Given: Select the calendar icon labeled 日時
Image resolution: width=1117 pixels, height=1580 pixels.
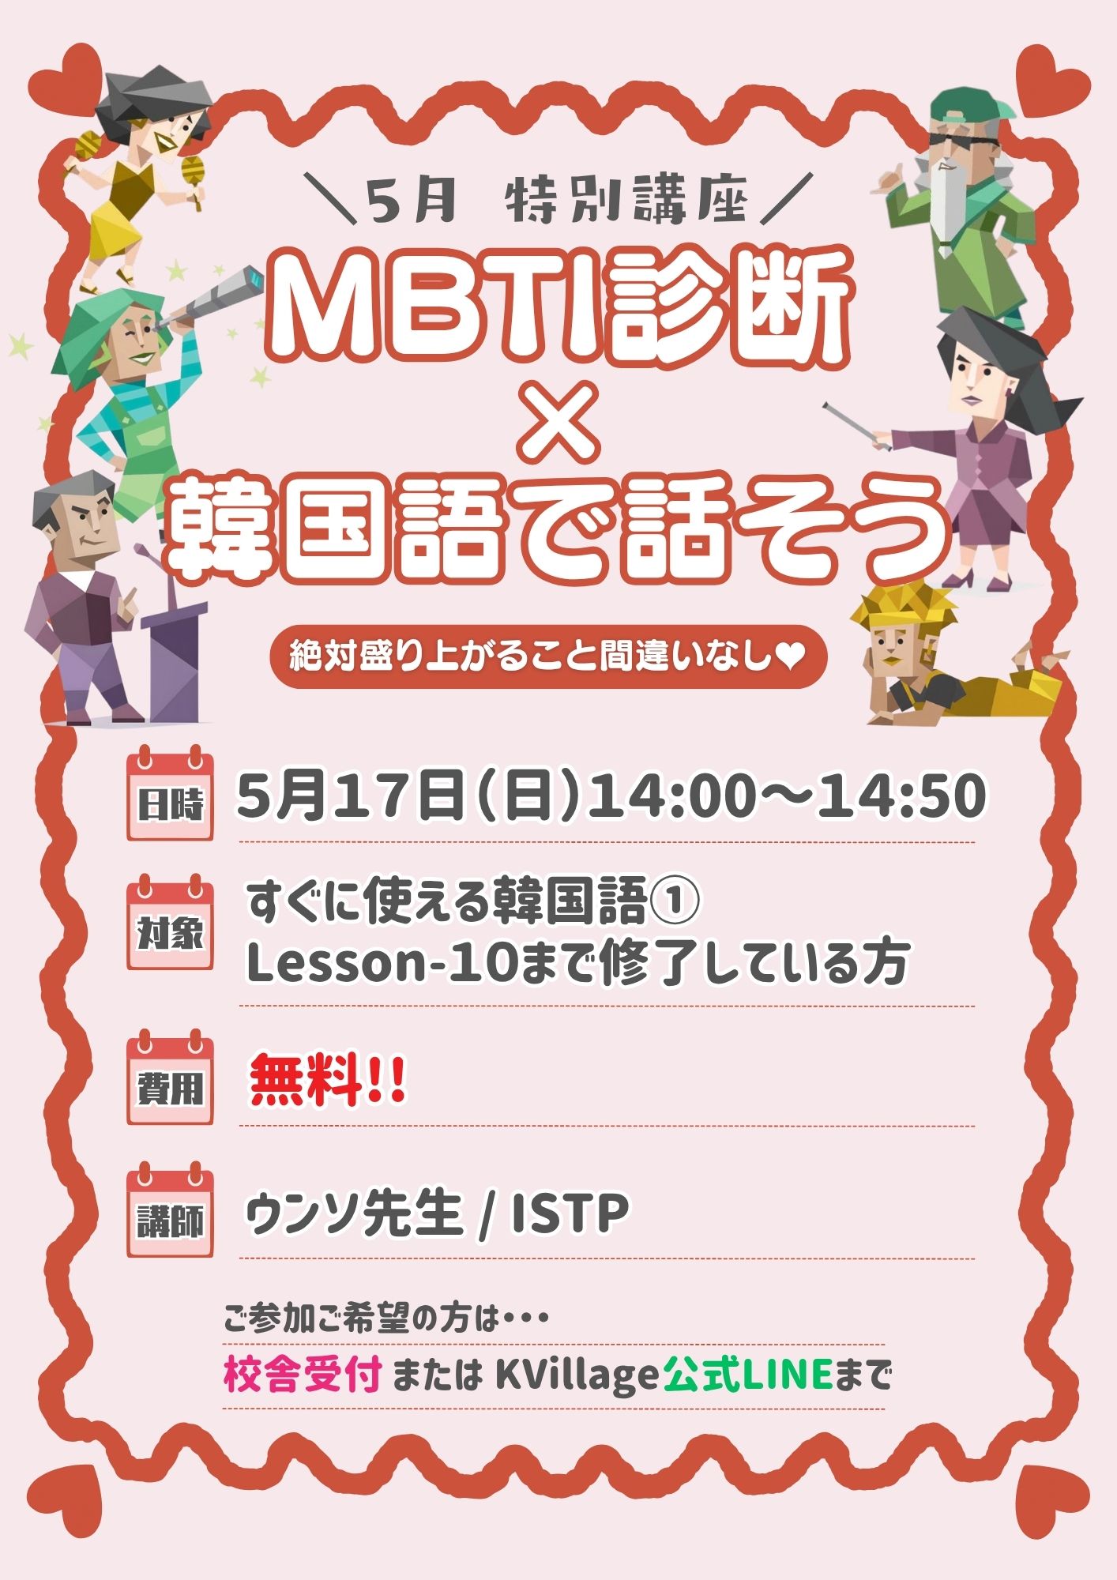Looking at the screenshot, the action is point(170,792).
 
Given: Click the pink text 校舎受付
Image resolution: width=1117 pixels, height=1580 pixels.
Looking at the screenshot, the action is point(303,1375).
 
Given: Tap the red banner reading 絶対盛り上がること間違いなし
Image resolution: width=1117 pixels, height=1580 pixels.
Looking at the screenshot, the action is point(548,658).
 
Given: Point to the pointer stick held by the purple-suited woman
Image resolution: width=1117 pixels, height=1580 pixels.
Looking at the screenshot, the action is point(858,427).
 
